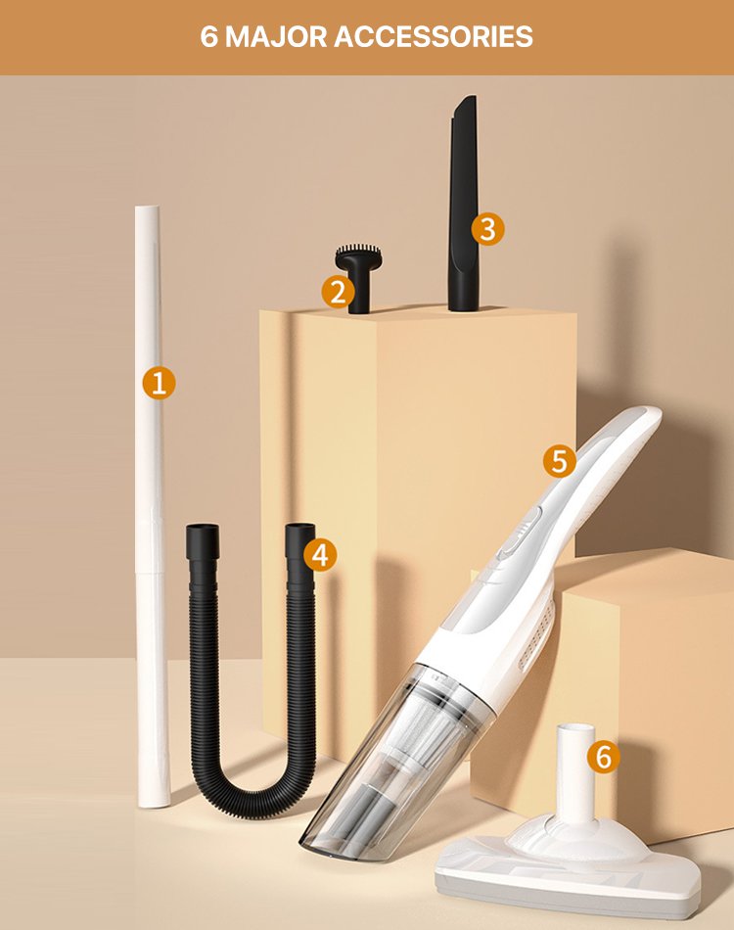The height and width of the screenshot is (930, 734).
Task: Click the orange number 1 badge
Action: coord(159,383)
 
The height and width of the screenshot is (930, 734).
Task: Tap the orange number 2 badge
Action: coord(338,292)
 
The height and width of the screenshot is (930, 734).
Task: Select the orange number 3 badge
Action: coord(487,229)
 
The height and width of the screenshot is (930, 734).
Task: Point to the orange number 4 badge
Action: coord(320,554)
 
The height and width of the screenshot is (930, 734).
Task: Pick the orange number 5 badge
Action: coord(560,460)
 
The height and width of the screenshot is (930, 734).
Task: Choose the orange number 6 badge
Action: coord(604,757)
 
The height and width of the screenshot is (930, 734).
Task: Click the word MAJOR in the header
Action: coord(276,37)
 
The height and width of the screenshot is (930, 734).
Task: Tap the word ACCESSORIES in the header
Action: coord(434,37)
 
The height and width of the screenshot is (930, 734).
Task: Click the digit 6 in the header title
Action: coord(209,37)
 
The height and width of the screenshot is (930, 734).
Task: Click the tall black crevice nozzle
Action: coord(464,205)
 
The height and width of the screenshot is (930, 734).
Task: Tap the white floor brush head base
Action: coord(568,867)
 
